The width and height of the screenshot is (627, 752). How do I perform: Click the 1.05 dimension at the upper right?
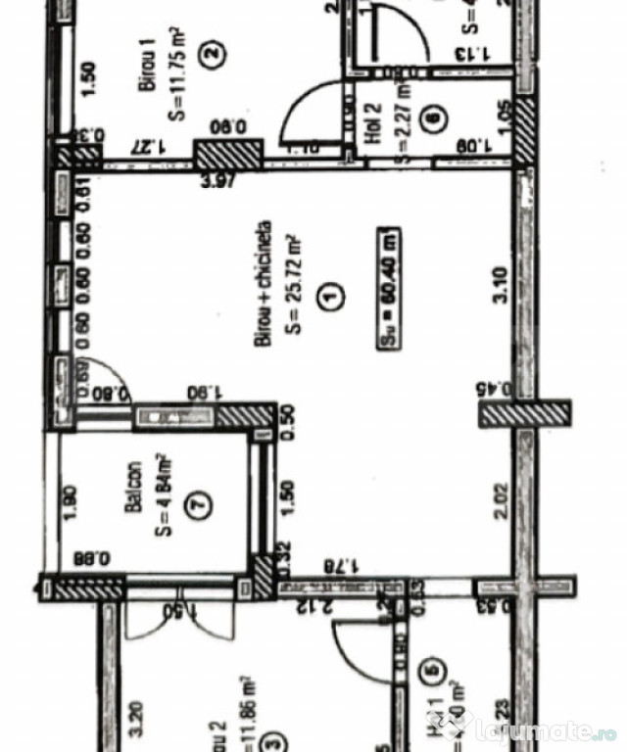point(504,117)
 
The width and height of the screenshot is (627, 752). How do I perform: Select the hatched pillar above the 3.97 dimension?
point(228,154)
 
